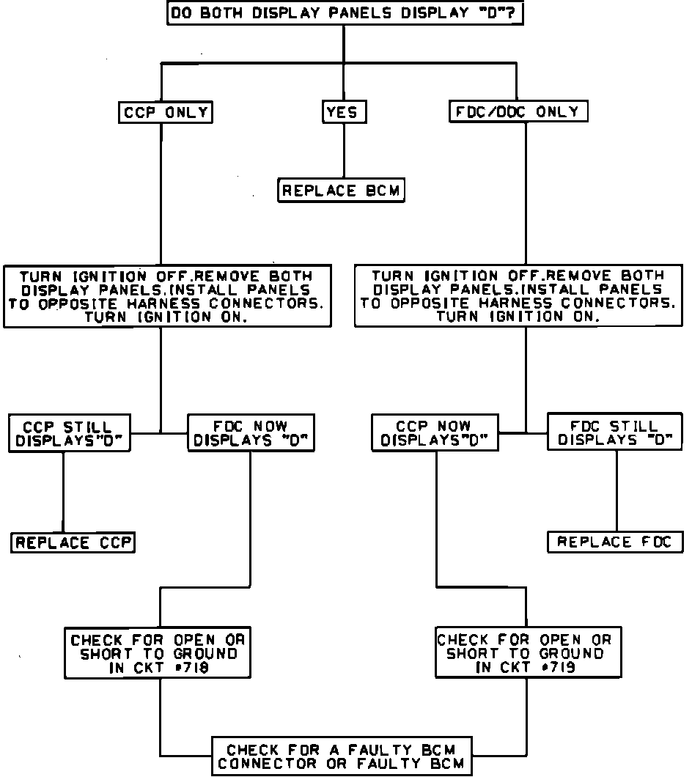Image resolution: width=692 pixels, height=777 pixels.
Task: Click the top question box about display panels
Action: tap(345, 14)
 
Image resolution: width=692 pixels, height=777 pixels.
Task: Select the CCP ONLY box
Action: tap(165, 112)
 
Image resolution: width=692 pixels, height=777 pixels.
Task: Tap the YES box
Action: tap(344, 112)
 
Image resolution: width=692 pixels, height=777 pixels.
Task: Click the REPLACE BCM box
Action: tap(342, 191)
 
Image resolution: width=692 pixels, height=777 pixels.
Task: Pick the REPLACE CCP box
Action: tap(73, 543)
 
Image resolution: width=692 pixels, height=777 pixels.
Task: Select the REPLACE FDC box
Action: tap(615, 542)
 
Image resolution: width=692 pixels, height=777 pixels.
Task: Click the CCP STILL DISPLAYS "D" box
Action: tap(69, 433)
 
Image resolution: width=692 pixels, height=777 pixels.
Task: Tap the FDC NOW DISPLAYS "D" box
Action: tap(251, 433)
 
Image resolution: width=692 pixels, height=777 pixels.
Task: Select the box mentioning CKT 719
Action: tap(528, 652)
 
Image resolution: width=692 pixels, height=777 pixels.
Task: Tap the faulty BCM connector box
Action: tap(342, 756)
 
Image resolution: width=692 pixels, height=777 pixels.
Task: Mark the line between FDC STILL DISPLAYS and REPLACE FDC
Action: tap(616, 491)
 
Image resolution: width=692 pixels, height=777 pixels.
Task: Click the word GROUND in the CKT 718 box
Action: tap(209, 653)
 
